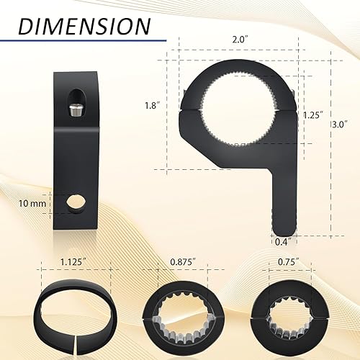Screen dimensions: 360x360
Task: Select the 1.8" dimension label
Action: pyautogui.click(x=150, y=105)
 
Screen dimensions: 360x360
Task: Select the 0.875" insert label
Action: pyautogui.click(x=180, y=264)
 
